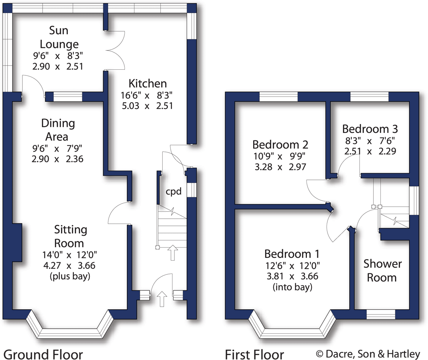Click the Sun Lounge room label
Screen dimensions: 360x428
59,37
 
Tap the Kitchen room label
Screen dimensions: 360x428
147,83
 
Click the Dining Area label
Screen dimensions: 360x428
58,130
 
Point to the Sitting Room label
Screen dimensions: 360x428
70,236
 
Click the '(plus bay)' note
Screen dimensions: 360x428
70,276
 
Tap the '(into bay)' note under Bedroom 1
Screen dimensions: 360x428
292,286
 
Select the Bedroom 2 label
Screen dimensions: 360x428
280,145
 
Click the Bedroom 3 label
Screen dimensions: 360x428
370,128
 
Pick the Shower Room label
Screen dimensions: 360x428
382,270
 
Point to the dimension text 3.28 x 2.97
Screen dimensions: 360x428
280,167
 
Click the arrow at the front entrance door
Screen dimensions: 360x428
162,299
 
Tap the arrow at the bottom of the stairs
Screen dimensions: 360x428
172,253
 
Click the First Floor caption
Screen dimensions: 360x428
254,354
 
